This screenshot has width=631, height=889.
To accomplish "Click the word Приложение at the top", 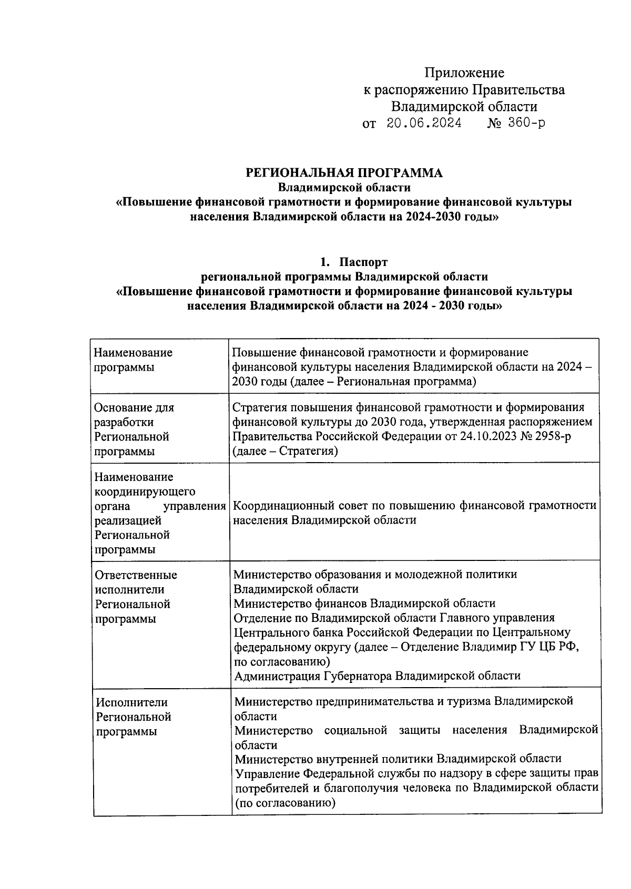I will click(464, 73).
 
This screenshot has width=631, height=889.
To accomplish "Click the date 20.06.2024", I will click(424, 124).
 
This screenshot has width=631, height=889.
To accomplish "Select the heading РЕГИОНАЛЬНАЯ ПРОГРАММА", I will click(344, 173).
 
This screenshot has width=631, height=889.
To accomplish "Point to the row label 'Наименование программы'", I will click(133, 360).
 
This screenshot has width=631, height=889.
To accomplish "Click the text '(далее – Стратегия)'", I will click(285, 451).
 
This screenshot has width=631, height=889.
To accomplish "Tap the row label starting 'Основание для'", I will click(134, 408).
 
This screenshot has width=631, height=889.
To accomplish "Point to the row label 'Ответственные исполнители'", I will click(136, 583).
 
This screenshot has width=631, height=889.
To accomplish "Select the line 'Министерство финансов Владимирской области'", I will click(364, 604).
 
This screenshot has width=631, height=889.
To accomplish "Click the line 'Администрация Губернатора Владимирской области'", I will click(377, 676).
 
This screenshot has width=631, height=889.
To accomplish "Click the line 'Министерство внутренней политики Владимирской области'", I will click(398, 759).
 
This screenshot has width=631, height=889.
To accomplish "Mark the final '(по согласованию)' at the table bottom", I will click(285, 803).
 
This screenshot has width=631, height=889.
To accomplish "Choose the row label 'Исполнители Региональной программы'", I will click(134, 717).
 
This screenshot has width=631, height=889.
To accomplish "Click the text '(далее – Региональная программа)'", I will click(383, 382).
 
